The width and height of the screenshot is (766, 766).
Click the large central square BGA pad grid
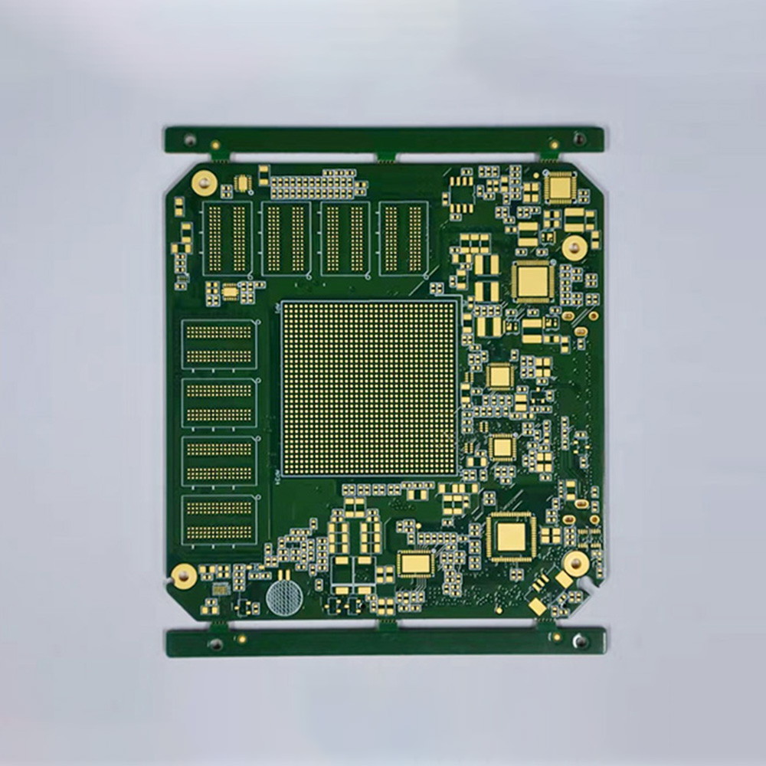click(370, 388)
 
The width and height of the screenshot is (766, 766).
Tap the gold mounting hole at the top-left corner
click(204, 182)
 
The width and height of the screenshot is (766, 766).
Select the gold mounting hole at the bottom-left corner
click(185, 575)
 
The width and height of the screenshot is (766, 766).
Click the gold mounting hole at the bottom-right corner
click(575, 564)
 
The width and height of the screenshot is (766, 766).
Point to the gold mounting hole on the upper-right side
click(574, 247)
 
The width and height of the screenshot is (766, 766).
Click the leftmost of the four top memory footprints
click(228, 238)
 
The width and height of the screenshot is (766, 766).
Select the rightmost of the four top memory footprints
click(404, 238)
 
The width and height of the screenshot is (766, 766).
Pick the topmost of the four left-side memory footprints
click(220, 344)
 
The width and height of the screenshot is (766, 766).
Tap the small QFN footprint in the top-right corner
click(561, 187)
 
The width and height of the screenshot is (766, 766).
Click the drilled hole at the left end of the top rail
click(189, 140)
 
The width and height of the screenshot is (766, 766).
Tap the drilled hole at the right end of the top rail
click(579, 139)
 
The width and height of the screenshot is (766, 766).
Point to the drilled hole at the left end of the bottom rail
click(216, 643)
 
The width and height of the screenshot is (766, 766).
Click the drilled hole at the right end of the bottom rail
click(581, 640)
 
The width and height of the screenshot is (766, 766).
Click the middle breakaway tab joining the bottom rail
click(388, 624)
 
